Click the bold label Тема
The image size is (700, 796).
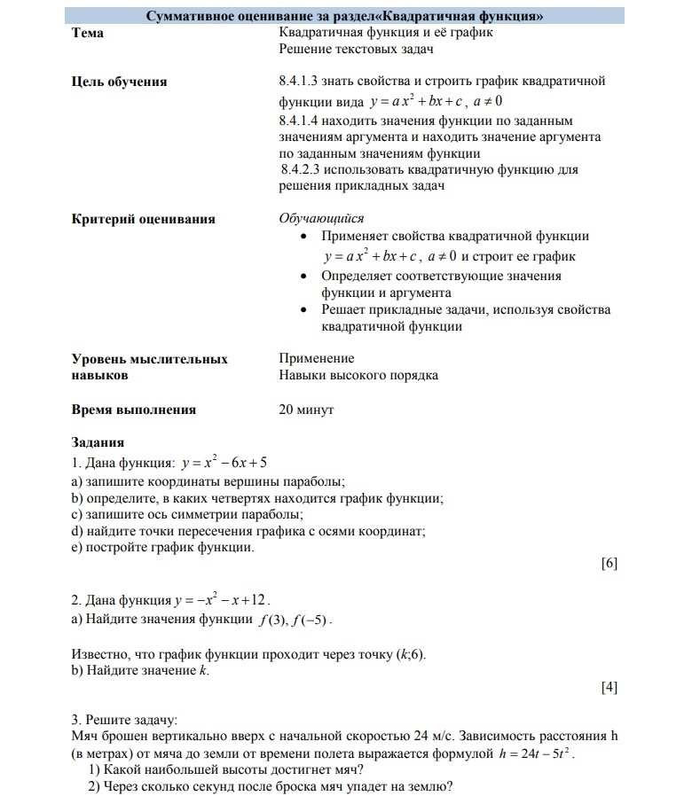[x=87, y=33]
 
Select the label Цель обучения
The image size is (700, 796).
[x=119, y=82]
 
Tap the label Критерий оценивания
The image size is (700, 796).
[x=143, y=219]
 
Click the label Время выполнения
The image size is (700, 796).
[x=133, y=410]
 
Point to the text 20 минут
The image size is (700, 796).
[x=306, y=410]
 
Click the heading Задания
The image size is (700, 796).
[x=98, y=442]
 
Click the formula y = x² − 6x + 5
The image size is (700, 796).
[x=224, y=463]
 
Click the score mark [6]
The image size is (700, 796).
[x=609, y=564]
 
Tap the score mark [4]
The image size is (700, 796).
[x=609, y=687]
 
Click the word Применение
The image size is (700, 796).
[x=317, y=359]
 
